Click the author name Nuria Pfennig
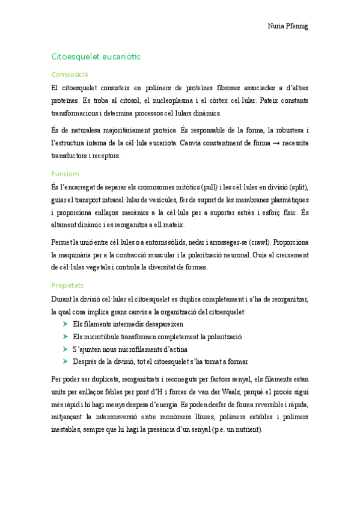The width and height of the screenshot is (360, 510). coord(287,26)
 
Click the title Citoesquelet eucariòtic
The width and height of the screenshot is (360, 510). coord(96,57)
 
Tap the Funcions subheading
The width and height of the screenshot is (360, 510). coord(66,173)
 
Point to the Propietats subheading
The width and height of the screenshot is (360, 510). coord(68,284)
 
